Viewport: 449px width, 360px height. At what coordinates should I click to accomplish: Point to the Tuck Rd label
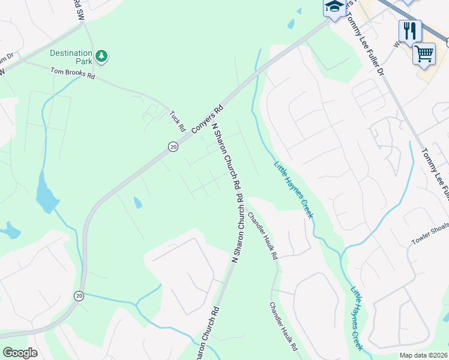click(177, 121)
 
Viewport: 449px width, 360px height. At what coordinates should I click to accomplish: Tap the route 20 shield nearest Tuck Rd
click(173, 146)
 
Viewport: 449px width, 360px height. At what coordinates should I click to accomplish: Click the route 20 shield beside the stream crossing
click(79, 296)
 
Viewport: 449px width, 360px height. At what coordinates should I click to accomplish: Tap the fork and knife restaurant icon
click(410, 29)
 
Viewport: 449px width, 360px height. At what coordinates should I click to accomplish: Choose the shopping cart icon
click(424, 54)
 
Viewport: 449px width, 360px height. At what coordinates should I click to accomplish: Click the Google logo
click(20, 352)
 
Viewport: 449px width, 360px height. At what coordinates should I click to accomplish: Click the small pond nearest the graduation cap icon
click(291, 25)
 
